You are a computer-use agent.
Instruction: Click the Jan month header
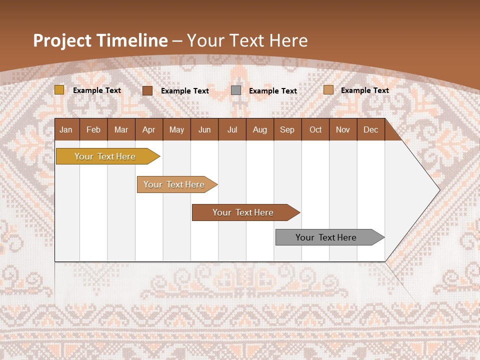click(66, 130)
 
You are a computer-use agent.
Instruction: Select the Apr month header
click(148, 130)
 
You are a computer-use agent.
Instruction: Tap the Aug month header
click(259, 130)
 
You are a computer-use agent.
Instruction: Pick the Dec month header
click(370, 130)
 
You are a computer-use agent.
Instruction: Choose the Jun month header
click(204, 130)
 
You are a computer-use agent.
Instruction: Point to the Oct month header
click(315, 130)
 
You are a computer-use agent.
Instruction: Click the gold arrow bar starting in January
click(105, 156)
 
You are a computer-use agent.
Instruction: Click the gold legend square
click(59, 90)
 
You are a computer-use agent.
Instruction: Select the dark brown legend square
click(147, 90)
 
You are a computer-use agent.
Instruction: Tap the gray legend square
click(236, 90)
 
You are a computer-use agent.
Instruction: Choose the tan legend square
click(328, 90)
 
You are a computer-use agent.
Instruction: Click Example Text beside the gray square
click(272, 91)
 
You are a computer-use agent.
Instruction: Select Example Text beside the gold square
click(96, 90)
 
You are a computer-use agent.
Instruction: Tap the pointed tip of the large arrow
click(438, 190)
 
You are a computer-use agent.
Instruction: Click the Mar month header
click(121, 130)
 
